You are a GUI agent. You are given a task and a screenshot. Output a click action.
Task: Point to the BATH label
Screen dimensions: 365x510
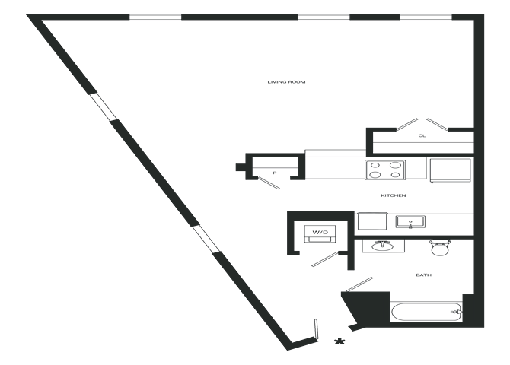pyautogui.click(x=423, y=275)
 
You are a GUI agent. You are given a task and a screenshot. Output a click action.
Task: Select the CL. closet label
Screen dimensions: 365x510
pyautogui.click(x=422, y=136)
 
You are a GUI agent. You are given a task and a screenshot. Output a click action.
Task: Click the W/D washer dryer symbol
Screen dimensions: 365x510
pyautogui.click(x=320, y=232)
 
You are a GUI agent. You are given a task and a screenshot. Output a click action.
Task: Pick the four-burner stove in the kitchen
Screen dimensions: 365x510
pyautogui.click(x=384, y=169)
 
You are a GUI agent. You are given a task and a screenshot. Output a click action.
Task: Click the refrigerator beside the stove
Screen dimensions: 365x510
pyautogui.click(x=450, y=169)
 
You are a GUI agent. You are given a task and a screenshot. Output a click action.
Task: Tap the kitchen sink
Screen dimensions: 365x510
pyautogui.click(x=410, y=221)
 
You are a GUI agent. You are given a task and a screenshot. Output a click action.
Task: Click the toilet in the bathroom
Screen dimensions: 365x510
pyautogui.click(x=440, y=248)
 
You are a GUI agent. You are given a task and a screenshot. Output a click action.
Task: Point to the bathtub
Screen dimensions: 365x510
pyautogui.click(x=425, y=310)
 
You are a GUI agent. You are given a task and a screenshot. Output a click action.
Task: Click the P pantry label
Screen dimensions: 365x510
pyautogui.click(x=273, y=173)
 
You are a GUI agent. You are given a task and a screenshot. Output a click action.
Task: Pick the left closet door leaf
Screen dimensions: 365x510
pyautogui.click(x=404, y=122)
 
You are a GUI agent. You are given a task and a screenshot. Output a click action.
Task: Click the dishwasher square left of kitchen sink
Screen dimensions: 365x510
pyautogui.click(x=372, y=221)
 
